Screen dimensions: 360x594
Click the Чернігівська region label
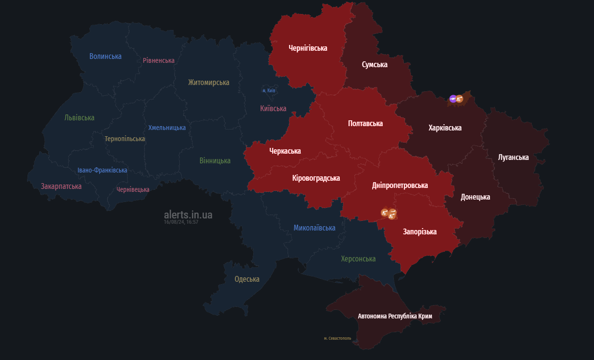click(308, 48)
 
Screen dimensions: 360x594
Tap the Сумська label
click(375, 65)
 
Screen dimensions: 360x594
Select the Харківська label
click(445, 128)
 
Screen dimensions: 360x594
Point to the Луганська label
click(513, 158)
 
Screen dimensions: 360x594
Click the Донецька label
click(475, 197)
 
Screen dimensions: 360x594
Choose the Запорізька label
click(420, 232)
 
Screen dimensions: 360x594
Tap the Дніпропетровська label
click(400, 186)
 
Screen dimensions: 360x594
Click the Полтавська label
click(365, 124)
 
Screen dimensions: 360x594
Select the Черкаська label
click(285, 151)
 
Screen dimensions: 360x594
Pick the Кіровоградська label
click(316, 178)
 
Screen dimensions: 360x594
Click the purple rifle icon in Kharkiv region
click(453, 99)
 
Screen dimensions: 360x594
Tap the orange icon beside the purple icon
click(460, 99)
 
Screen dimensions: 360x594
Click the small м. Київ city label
click(269, 91)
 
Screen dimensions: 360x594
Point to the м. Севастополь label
click(337, 338)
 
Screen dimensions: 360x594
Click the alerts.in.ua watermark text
click(188, 215)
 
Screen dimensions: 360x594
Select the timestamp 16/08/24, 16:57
click(181, 222)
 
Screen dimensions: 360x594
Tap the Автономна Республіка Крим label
click(395, 317)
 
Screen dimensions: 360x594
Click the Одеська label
click(247, 279)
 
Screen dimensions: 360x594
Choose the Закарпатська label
click(61, 187)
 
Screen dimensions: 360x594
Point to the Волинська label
click(105, 57)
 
